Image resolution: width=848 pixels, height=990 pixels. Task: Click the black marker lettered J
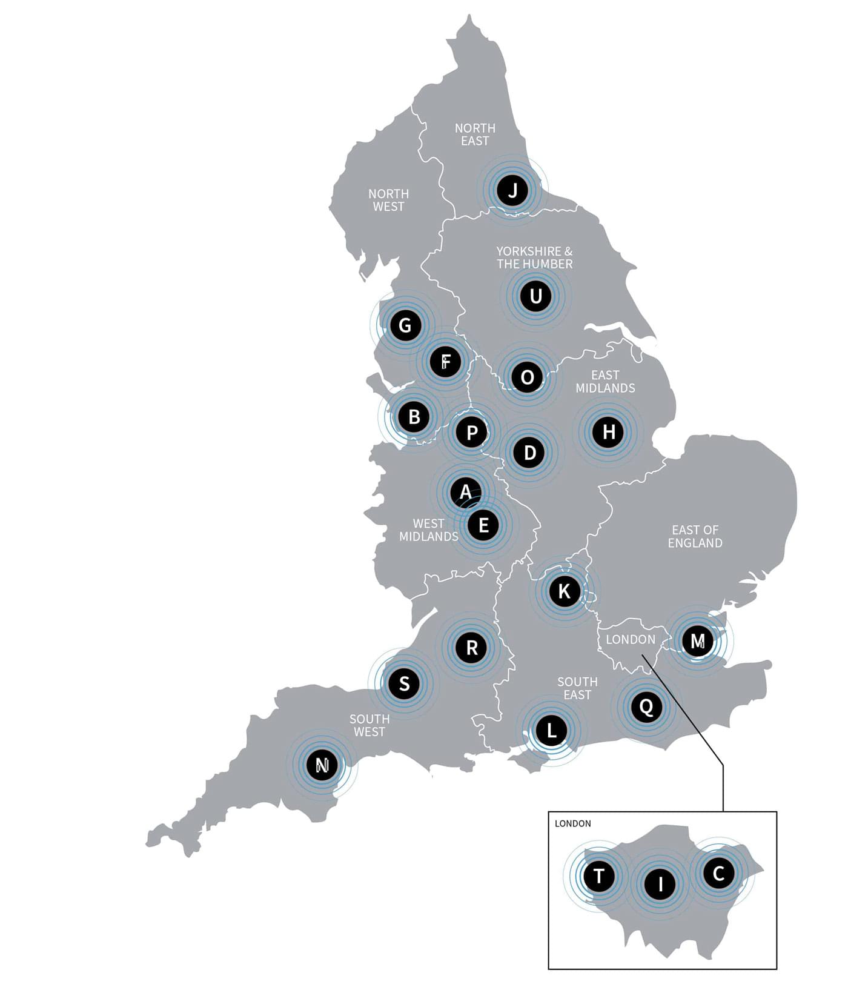(512, 190)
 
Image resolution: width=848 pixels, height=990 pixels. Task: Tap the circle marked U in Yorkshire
(535, 296)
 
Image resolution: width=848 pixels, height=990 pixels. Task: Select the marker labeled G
(405, 325)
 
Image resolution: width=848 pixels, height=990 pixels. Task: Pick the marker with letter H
(608, 432)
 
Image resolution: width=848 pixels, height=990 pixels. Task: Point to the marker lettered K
(564, 591)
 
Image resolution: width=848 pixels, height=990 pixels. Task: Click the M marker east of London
(698, 640)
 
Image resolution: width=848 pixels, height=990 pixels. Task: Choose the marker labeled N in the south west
(322, 765)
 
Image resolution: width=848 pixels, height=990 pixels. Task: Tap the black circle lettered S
(404, 684)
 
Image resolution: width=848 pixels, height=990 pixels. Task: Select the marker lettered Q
(646, 706)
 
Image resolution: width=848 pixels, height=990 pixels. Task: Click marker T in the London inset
(598, 875)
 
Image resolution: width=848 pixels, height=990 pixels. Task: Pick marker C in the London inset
(718, 873)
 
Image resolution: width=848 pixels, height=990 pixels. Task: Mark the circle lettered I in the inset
(660, 884)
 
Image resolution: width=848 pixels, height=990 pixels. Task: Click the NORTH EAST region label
(475, 135)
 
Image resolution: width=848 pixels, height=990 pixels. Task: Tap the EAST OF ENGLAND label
(695, 537)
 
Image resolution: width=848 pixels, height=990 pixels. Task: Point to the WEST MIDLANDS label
(428, 530)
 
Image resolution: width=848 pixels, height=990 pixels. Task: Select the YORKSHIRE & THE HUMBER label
(534, 257)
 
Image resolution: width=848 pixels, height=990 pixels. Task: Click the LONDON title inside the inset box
(572, 823)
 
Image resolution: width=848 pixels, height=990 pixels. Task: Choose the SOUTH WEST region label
(369, 725)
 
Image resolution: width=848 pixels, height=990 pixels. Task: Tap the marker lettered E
(483, 525)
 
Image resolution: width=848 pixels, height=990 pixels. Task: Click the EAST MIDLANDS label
(605, 382)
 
